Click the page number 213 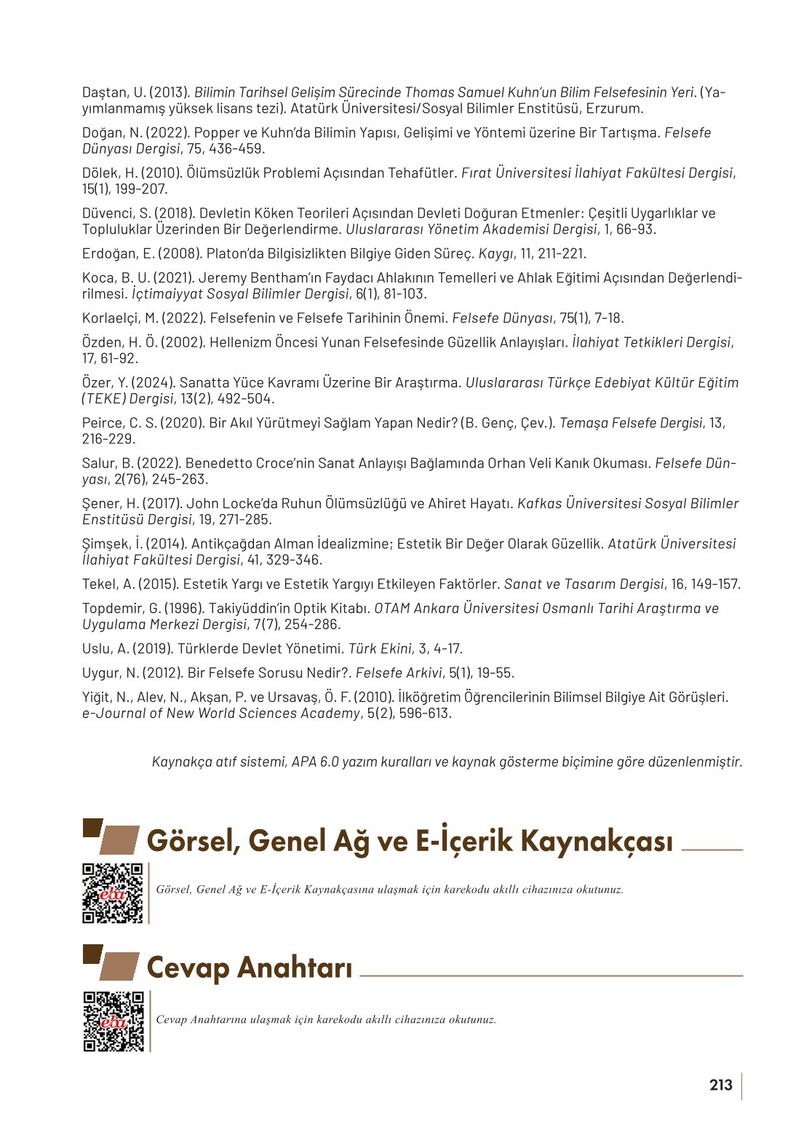click(x=720, y=1085)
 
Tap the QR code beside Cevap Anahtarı click(x=114, y=1021)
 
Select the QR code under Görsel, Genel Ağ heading click(x=112, y=893)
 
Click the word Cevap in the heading click(x=188, y=968)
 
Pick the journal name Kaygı click(x=495, y=253)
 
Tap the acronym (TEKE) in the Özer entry click(x=104, y=399)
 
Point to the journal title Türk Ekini click(x=380, y=649)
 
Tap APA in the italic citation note click(x=303, y=762)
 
